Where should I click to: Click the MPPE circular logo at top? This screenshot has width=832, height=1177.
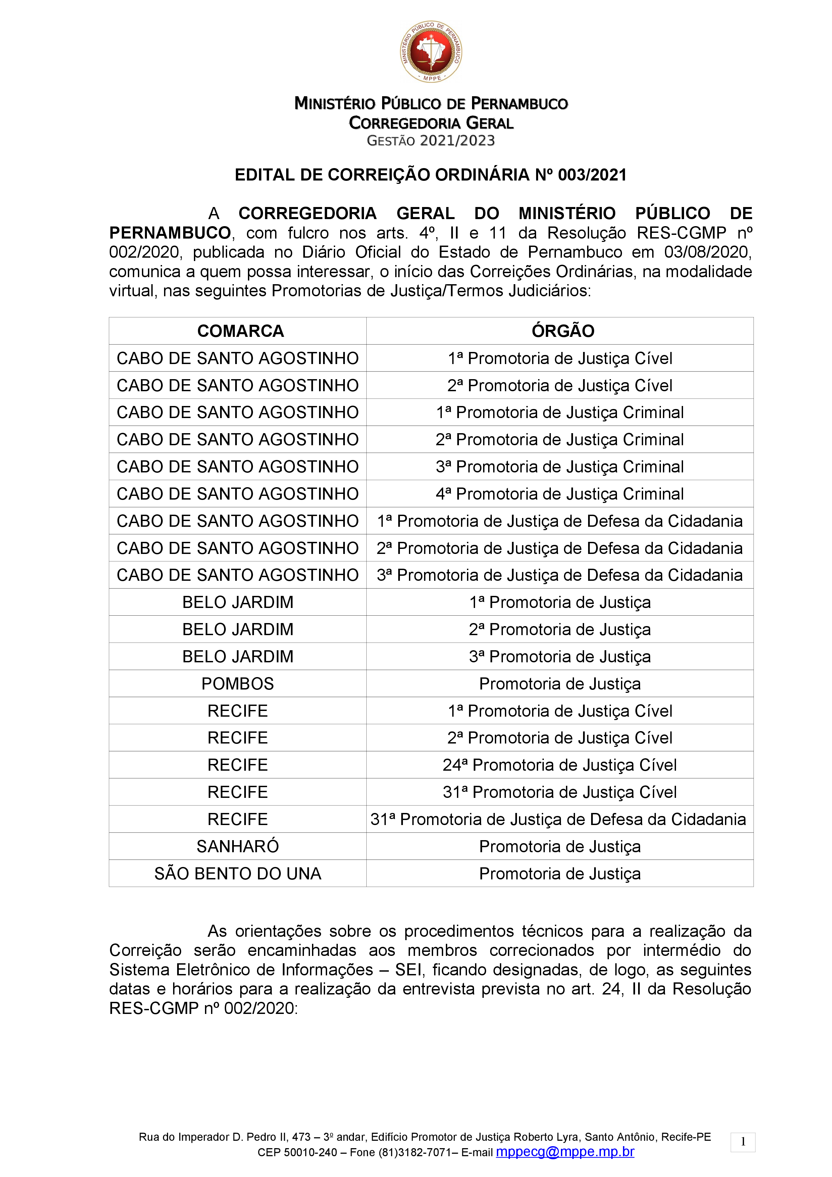[431, 52]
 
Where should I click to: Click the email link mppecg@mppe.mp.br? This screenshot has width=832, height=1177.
[565, 1152]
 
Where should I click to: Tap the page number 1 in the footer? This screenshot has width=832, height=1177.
[743, 1142]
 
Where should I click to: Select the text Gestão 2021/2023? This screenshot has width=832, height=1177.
[431, 141]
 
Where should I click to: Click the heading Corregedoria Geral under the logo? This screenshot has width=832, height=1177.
[431, 123]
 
